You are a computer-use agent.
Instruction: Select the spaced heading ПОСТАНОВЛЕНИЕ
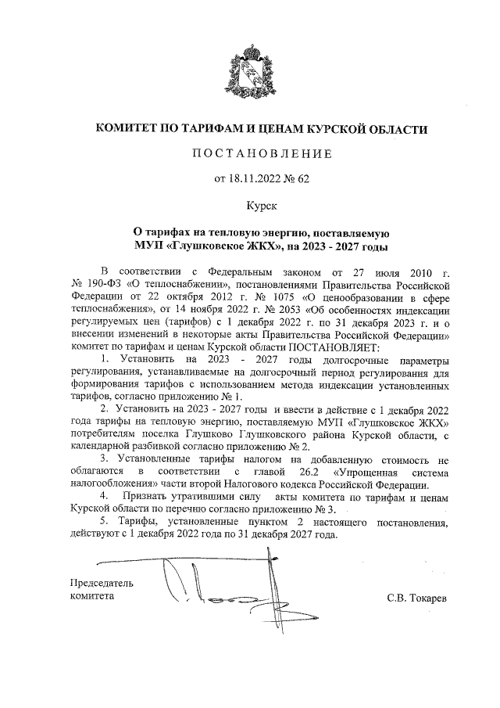[250, 153]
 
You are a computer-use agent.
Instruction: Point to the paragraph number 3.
[104, 459]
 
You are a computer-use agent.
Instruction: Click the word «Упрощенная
[364, 472]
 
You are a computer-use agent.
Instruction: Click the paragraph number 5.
[104, 522]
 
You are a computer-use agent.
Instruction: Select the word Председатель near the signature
[102, 583]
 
